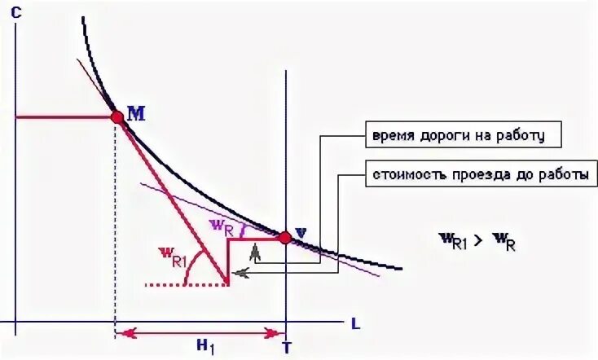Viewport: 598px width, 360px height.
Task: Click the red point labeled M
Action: (x=117, y=116)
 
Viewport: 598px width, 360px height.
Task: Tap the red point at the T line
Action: (x=284, y=238)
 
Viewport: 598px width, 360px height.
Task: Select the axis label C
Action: (x=16, y=12)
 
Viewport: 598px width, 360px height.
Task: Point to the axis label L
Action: (x=355, y=323)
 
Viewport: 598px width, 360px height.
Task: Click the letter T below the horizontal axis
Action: (x=286, y=348)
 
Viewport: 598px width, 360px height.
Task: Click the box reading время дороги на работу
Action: (x=462, y=134)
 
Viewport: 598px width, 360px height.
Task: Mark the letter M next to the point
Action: (x=135, y=113)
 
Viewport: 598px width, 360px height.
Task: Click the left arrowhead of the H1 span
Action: (x=122, y=332)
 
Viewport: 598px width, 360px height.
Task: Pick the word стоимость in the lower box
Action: (x=404, y=174)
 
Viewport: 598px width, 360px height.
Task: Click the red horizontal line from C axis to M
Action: (x=65, y=116)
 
